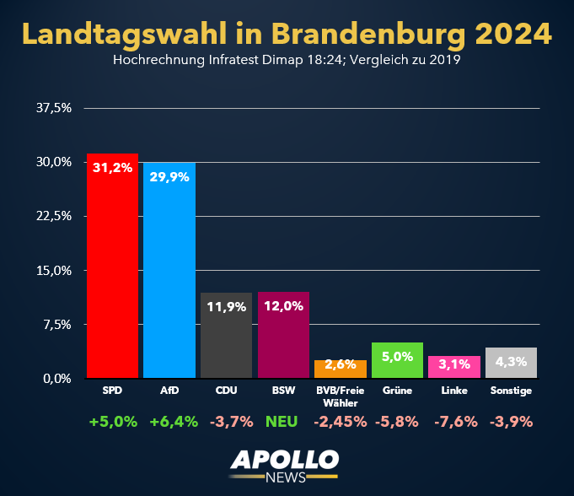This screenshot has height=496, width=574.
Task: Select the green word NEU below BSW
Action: coord(282,422)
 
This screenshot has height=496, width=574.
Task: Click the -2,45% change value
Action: coord(341,422)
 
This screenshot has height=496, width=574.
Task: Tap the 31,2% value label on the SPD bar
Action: coord(112,167)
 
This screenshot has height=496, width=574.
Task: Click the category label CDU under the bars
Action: coord(226,391)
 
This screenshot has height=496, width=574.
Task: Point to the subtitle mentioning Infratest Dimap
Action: coord(287,61)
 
